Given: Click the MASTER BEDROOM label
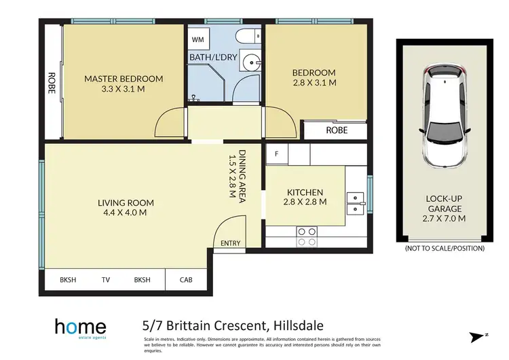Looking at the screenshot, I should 124,79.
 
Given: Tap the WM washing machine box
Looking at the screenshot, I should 198,40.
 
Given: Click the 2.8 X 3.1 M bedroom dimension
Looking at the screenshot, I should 314,83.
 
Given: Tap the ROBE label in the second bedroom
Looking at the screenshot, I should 337,129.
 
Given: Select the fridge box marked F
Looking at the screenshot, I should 276,154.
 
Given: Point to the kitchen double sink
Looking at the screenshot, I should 354,203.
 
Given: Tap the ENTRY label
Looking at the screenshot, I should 231,242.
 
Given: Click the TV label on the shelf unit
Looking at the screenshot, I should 106,279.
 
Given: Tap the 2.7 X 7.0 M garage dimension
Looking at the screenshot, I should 445,219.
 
